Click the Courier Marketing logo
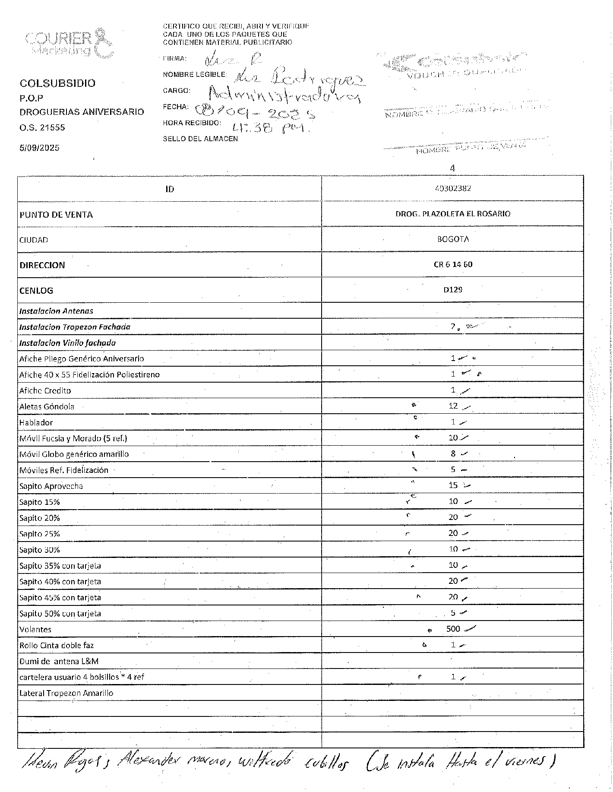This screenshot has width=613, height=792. [x=69, y=43]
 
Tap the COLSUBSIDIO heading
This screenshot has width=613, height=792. [x=57, y=83]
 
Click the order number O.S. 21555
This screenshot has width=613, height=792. [x=42, y=127]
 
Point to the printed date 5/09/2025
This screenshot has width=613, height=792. [x=39, y=148]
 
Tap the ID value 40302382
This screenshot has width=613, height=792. [x=453, y=188]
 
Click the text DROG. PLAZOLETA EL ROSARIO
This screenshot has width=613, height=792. [x=453, y=214]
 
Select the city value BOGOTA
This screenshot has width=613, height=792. [x=453, y=239]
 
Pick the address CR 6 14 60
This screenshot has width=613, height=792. [x=453, y=264]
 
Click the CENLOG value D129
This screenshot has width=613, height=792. [x=453, y=289]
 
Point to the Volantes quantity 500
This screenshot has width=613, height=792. [x=453, y=629]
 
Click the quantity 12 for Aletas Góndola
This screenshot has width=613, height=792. [x=453, y=406]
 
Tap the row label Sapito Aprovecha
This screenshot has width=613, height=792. [x=51, y=486]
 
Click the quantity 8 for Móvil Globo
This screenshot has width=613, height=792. [x=453, y=453]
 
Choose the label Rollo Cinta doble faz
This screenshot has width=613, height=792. [x=56, y=645]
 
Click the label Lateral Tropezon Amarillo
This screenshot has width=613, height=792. [x=66, y=693]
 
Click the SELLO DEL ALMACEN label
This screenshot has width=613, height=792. [x=200, y=139]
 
